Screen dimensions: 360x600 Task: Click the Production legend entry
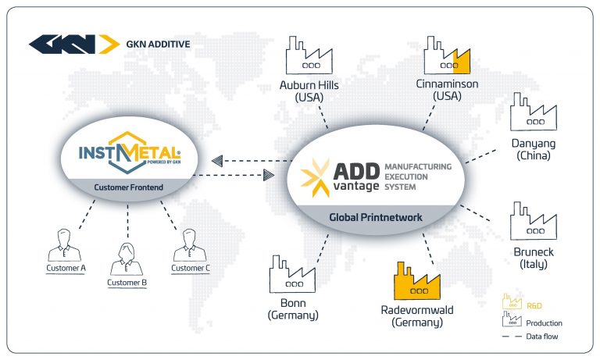pos(545,323)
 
